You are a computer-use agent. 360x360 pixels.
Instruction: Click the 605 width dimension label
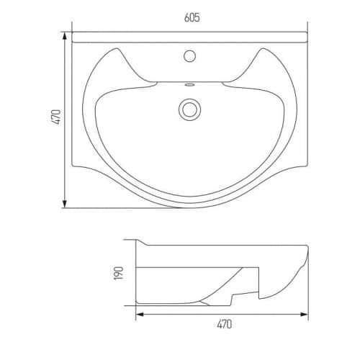pos(192,17)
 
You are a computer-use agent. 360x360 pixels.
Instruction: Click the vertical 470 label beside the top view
pos(56,117)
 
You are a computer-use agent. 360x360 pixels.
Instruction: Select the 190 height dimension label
pos(119,273)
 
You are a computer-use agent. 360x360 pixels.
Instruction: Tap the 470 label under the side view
pos(225,324)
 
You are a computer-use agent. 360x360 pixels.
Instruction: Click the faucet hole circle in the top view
pos(189,56)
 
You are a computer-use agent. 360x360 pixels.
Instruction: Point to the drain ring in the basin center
pos(189,109)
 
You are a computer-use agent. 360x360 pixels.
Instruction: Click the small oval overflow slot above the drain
pos(189,84)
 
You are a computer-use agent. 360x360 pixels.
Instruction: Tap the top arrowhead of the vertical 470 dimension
pos(64,36)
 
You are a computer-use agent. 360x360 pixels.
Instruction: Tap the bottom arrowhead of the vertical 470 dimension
pos(64,204)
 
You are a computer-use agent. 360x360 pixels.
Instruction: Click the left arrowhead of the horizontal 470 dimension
pos(140,314)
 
